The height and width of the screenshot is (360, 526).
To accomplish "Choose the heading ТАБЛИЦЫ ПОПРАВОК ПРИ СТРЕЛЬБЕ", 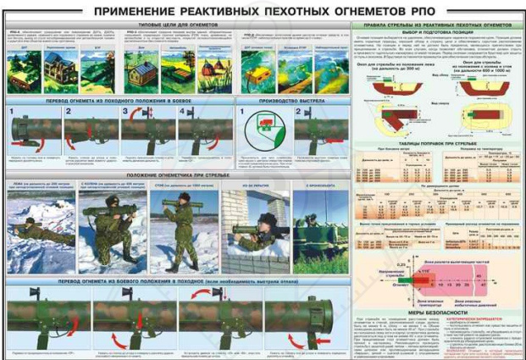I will (435, 145).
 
